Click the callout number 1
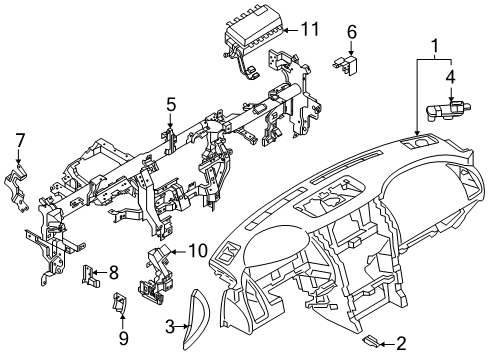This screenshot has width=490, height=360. click(x=436, y=47)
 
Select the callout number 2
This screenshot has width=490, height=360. click(x=402, y=342)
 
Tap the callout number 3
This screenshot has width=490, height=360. click(x=170, y=326)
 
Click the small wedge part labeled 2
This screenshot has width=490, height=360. click(x=367, y=341)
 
